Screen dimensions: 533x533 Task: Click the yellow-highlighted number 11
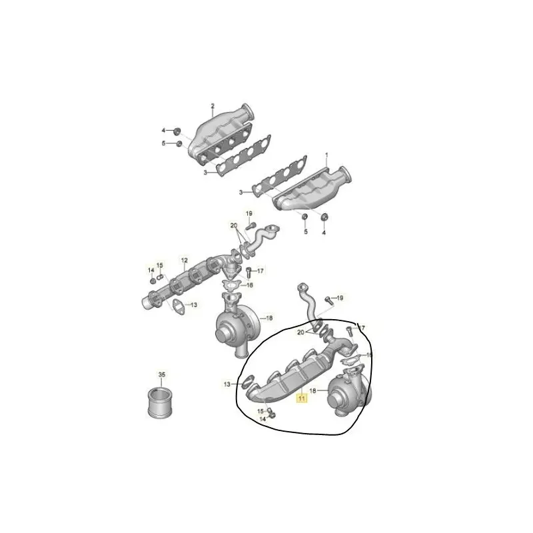(x=301, y=400)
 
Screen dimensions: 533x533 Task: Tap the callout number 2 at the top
(x=213, y=107)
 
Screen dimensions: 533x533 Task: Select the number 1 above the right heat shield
(x=327, y=155)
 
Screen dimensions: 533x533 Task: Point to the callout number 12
(x=185, y=259)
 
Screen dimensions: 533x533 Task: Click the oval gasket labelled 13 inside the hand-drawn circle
(x=245, y=382)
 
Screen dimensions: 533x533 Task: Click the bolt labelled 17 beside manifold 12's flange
(x=249, y=272)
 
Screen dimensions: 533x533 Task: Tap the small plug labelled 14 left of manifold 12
(x=152, y=280)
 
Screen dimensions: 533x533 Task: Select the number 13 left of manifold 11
(x=227, y=384)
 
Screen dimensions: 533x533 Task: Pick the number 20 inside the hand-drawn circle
(x=301, y=332)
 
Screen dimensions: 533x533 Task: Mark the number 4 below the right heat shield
(x=324, y=233)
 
